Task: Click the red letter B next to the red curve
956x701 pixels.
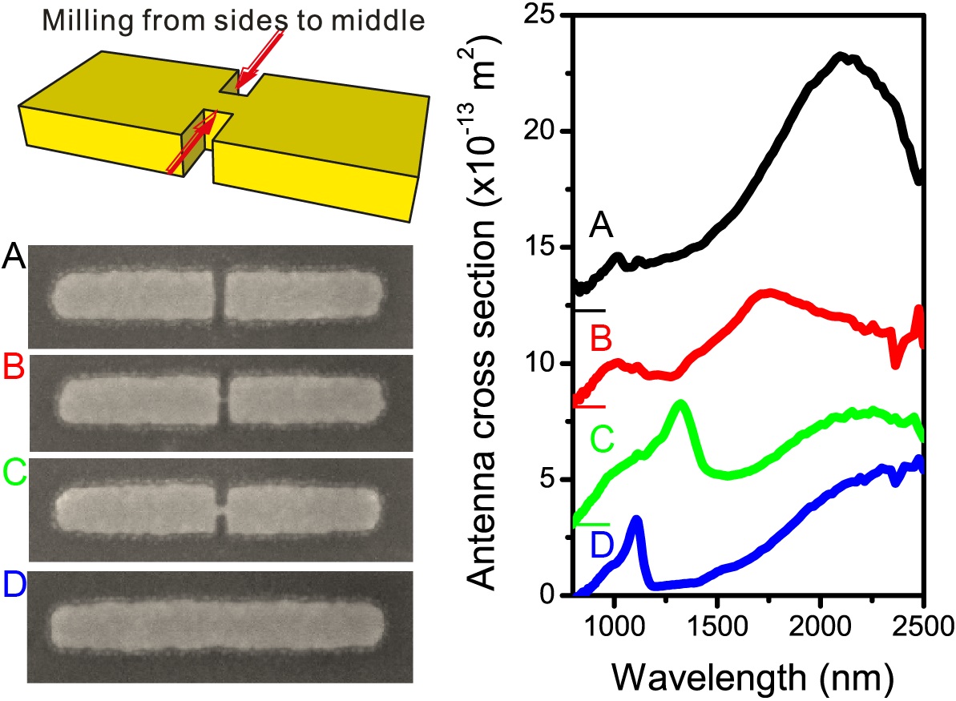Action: (x=600, y=340)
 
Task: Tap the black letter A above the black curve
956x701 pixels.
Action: (x=600, y=229)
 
